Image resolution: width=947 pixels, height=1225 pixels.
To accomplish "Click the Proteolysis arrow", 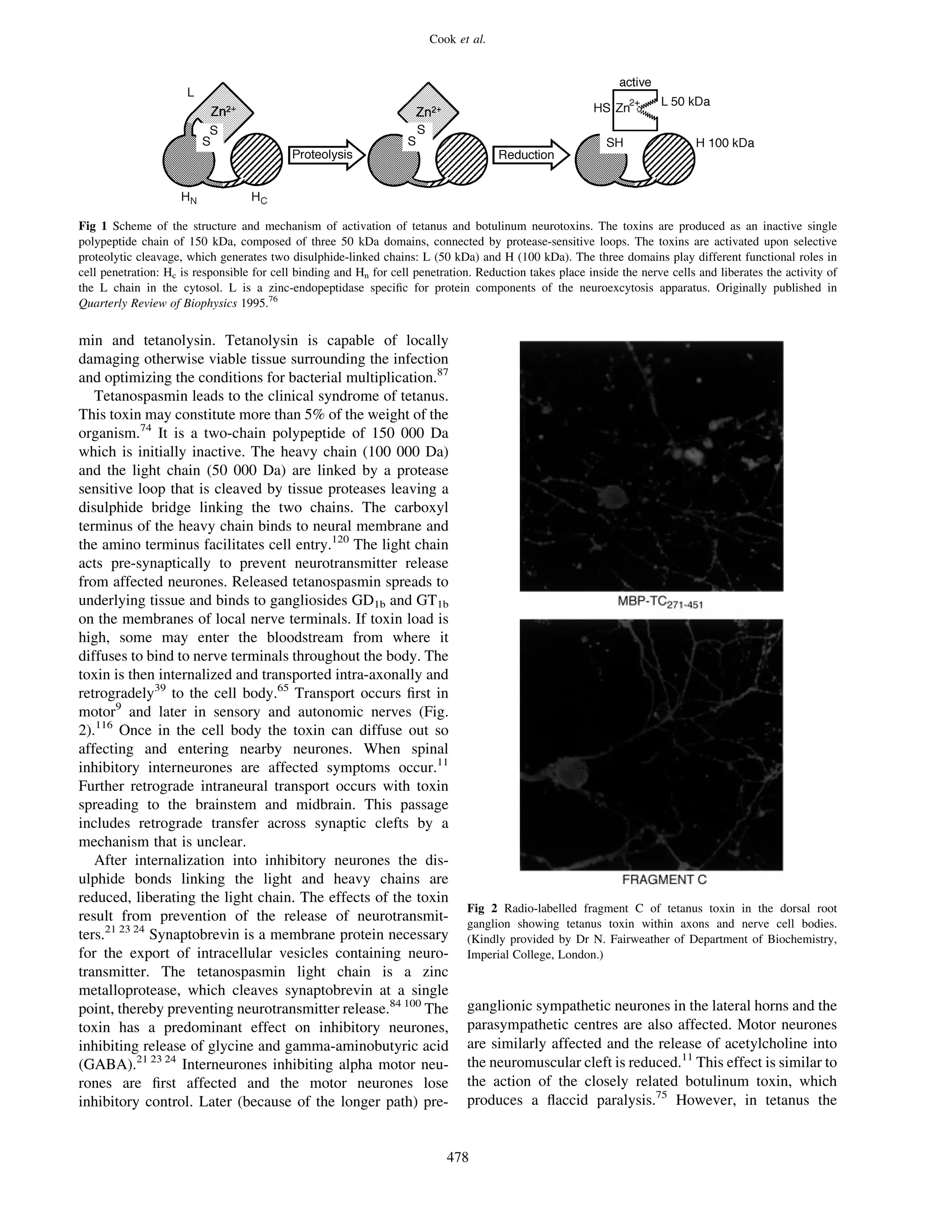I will [x=326, y=155].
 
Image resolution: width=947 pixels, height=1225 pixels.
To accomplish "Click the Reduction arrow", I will [x=530, y=155].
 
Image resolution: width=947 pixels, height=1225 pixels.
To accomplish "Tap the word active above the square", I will [x=634, y=82].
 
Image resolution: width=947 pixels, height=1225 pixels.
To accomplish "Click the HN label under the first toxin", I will [x=189, y=197].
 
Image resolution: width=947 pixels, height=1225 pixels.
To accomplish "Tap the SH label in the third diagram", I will [x=615, y=143].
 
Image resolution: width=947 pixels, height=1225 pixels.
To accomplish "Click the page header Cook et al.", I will [x=457, y=39].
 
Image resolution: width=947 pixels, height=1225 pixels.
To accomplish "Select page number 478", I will [x=457, y=1157].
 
